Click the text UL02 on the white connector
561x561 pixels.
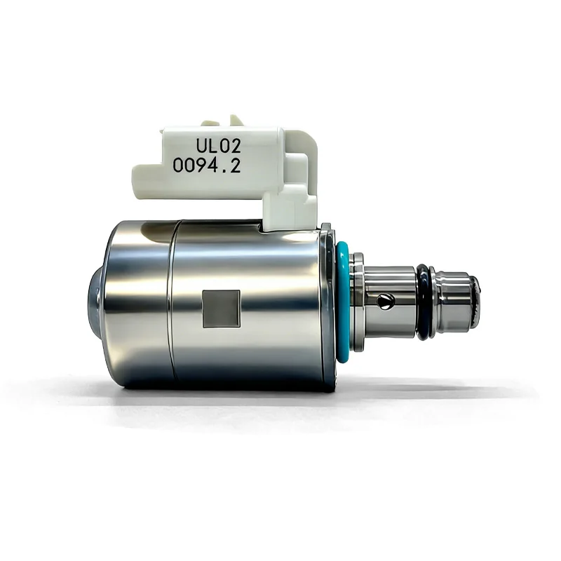pos(218,146)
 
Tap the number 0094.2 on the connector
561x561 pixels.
pos(206,166)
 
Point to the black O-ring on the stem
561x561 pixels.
pos(423,302)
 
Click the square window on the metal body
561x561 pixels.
pos(221,309)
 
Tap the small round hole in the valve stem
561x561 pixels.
pos(385,301)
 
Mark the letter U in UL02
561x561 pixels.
pos(201,147)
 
